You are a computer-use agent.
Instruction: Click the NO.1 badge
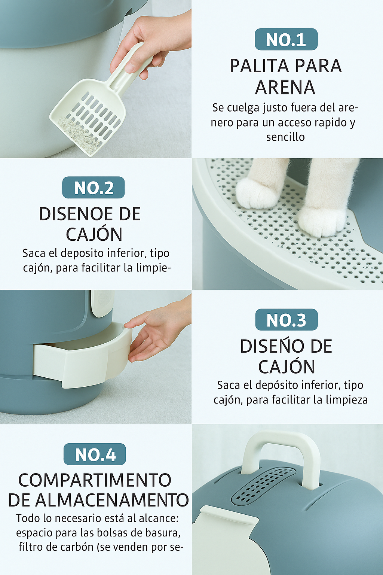[x=286, y=39]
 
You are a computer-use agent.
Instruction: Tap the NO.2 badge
[x=94, y=188]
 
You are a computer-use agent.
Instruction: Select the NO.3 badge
[x=287, y=320]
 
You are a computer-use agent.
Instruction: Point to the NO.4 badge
[x=95, y=454]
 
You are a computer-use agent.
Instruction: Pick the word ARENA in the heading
[x=285, y=87]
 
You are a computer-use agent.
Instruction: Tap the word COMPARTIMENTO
[x=95, y=480]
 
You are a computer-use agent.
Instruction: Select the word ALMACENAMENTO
[x=112, y=500]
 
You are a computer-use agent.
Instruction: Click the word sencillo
[x=285, y=137]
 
